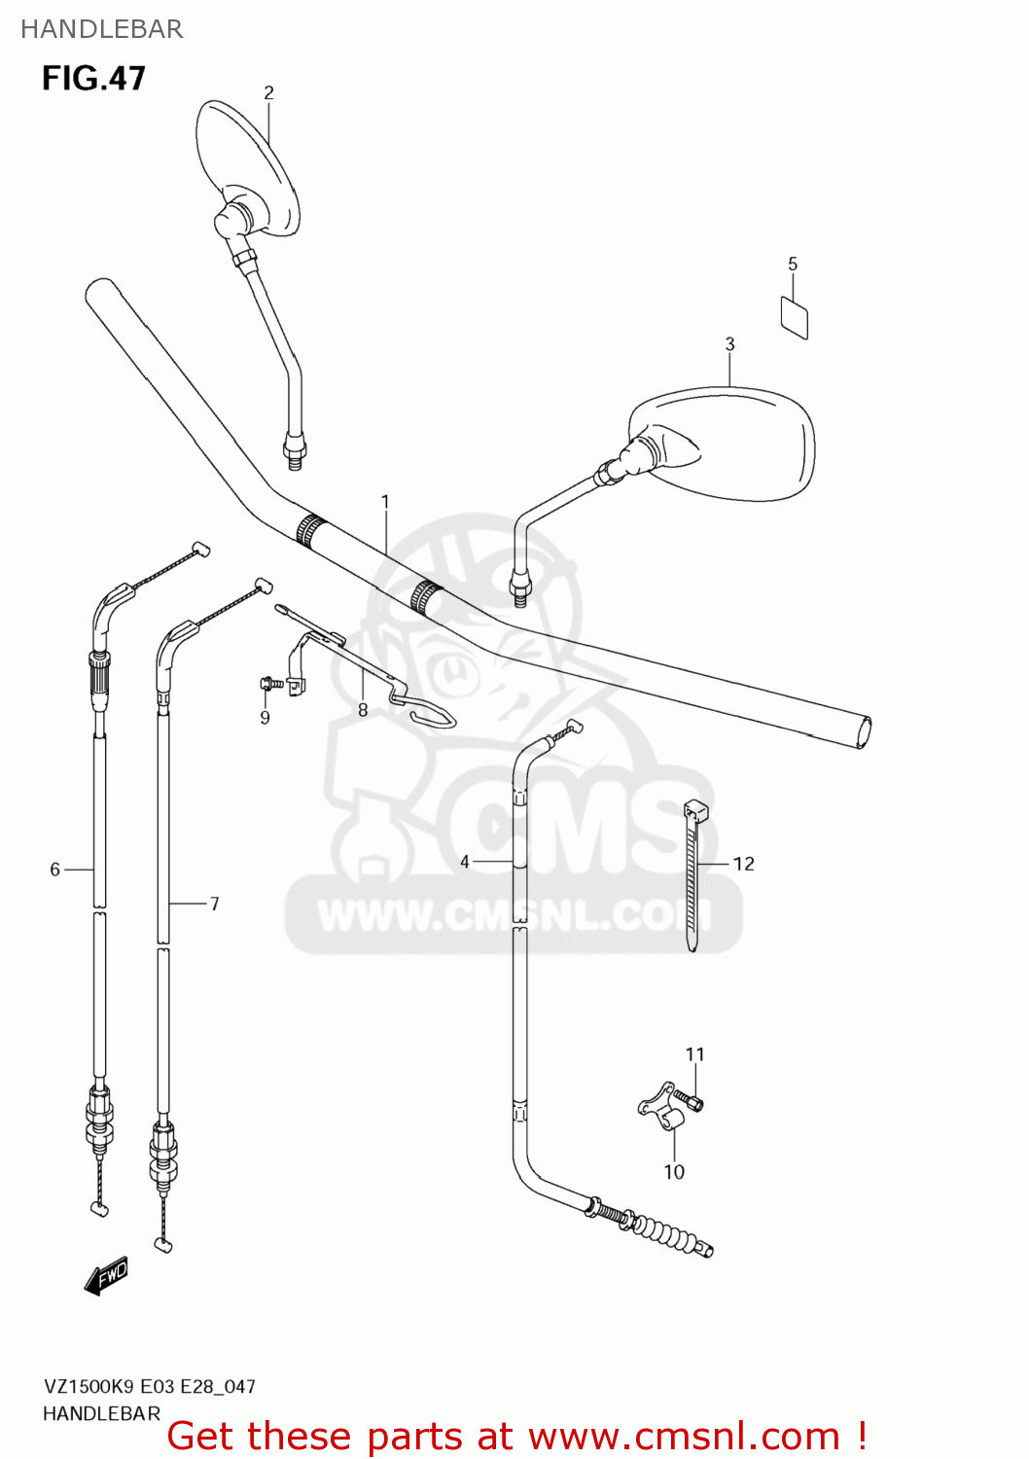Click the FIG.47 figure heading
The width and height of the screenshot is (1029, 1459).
(x=93, y=78)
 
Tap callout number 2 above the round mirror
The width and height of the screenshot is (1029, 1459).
(x=268, y=92)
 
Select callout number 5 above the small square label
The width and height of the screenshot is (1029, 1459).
(x=793, y=264)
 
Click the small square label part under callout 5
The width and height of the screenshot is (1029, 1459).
(x=795, y=318)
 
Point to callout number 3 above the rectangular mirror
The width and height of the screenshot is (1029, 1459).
(x=729, y=343)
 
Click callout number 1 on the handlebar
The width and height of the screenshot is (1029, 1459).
(x=385, y=502)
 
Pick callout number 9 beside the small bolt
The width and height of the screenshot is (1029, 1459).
(x=265, y=718)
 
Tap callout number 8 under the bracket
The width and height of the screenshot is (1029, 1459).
(x=363, y=710)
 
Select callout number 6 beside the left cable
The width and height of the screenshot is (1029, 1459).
(x=55, y=869)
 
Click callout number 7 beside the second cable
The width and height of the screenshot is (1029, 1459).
(x=215, y=904)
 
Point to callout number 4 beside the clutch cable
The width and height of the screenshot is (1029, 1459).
(x=465, y=862)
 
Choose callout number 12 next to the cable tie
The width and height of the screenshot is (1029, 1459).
(x=744, y=864)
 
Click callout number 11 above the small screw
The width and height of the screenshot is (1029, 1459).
(x=694, y=1054)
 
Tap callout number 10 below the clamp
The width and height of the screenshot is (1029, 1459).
(x=674, y=1172)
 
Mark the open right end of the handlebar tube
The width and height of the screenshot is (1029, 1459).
(x=862, y=732)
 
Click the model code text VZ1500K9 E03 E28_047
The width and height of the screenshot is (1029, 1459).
(x=149, y=1386)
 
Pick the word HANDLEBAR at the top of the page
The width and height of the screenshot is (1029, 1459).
(x=102, y=29)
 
